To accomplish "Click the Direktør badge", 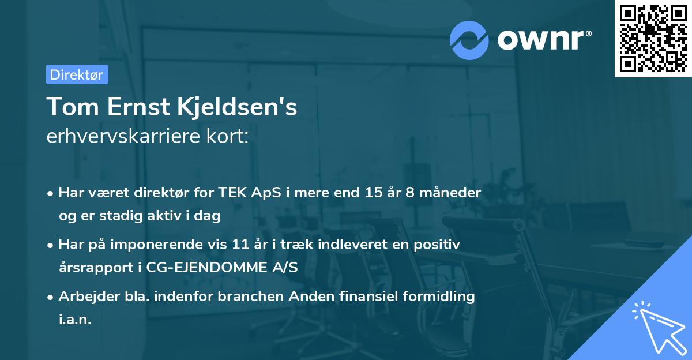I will pyautogui.click(x=77, y=74).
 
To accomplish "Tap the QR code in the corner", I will pyautogui.click(x=653, y=38).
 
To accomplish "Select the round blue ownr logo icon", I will pyautogui.click(x=469, y=40).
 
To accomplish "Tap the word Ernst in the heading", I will pyautogui.click(x=134, y=107).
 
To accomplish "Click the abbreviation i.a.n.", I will pyautogui.click(x=75, y=320).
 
